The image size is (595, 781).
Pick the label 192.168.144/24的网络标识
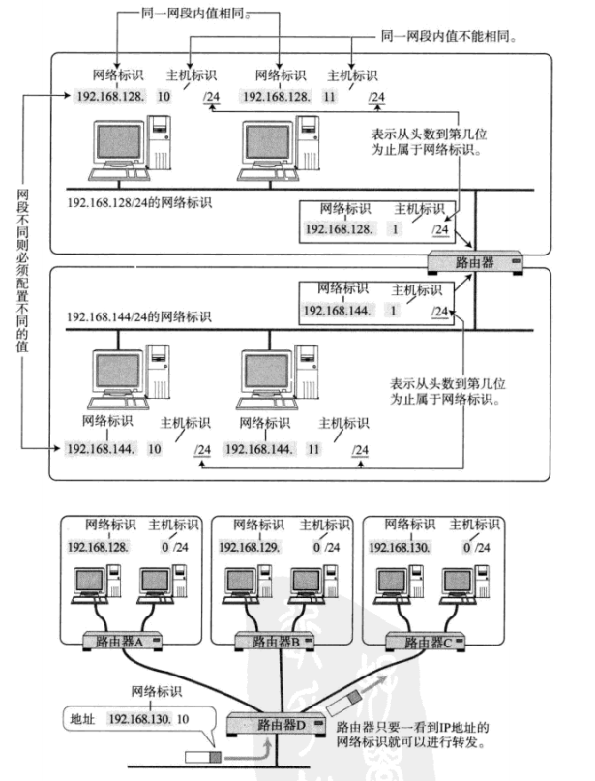pyautogui.click(x=139, y=317)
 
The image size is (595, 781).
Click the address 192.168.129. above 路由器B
pyautogui.click(x=255, y=548)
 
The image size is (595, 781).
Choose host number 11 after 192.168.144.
pyautogui.click(x=313, y=450)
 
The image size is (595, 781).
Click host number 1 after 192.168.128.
pyautogui.click(x=395, y=229)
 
